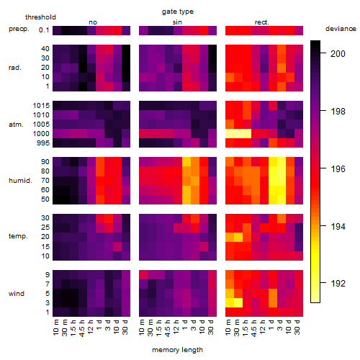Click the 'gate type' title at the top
[178, 12]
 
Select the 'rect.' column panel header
[262, 22]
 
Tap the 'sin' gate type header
[177, 22]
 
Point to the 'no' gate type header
[93, 22]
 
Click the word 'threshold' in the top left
[40, 17]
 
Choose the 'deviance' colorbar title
[341, 29]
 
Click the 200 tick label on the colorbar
[338, 53]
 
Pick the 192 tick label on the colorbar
[338, 284]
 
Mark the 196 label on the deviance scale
[338, 169]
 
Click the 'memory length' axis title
[177, 350]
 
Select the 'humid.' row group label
[20, 181]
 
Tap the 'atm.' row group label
[16, 125]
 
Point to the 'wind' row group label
[17, 294]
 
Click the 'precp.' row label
[19, 29]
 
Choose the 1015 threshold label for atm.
[41, 106]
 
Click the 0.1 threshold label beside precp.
[44, 30]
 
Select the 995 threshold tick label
[43, 143]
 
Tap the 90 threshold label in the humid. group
[45, 162]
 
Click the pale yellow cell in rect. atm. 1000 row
[238, 134]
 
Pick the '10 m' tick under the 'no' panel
[55, 328]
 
